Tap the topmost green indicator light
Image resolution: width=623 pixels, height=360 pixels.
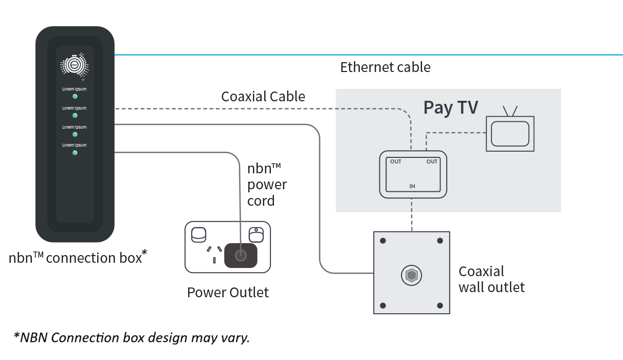(x=75, y=96)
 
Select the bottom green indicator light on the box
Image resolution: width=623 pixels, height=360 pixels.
(x=75, y=153)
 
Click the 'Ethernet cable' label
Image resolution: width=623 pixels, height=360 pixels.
(x=385, y=67)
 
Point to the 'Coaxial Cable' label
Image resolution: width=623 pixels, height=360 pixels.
(x=263, y=97)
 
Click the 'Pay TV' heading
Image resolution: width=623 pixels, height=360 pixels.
(x=450, y=107)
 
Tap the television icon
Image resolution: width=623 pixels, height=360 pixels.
(x=510, y=133)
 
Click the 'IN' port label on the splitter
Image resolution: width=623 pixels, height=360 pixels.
(x=412, y=186)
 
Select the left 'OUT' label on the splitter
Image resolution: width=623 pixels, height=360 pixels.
(x=395, y=161)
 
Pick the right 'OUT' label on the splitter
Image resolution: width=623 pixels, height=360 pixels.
(x=431, y=161)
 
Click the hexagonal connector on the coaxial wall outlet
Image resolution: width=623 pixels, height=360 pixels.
(x=411, y=276)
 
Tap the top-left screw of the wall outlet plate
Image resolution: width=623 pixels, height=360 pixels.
(x=383, y=241)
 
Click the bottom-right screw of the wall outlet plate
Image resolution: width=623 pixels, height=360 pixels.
(x=439, y=305)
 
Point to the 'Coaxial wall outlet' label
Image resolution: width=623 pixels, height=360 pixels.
(x=491, y=279)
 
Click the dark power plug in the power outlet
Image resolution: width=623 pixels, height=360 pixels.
(x=241, y=255)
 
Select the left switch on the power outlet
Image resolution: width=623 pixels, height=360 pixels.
(x=198, y=235)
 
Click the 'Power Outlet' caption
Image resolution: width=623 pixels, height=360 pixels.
(x=228, y=293)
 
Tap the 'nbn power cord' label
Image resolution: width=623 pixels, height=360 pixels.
(x=267, y=185)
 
